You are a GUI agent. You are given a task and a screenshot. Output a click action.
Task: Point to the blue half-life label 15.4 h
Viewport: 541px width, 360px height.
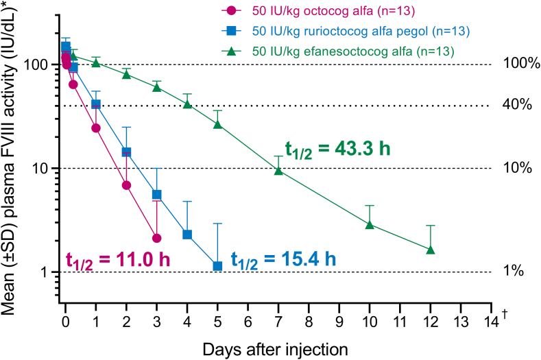tap(283, 259)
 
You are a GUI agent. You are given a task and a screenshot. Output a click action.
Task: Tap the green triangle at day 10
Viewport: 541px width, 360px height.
tap(370, 224)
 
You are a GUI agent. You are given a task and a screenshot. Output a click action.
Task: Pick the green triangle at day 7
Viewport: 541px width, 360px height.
tap(278, 171)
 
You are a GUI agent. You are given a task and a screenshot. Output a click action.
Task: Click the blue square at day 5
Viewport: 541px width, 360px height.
tap(217, 266)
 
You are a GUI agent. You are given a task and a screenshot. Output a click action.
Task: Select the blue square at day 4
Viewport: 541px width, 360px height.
tap(187, 235)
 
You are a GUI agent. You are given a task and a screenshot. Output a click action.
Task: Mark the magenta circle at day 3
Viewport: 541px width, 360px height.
tap(157, 238)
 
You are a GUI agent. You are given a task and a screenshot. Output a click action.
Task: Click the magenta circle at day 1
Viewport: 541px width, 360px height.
tap(96, 128)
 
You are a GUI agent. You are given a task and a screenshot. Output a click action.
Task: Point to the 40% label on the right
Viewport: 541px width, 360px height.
tap(511, 106)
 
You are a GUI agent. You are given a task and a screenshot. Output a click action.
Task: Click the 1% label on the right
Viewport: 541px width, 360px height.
tap(514, 272)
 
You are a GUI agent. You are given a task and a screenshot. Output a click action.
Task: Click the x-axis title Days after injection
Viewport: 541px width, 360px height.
tap(275, 348)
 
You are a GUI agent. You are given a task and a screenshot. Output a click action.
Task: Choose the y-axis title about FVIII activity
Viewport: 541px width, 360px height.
tap(12, 158)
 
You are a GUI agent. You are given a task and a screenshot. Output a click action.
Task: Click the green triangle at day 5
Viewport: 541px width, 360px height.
tap(217, 124)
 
